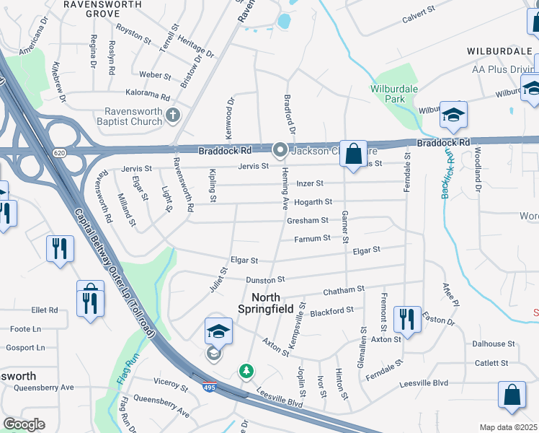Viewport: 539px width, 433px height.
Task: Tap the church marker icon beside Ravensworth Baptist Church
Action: click(x=173, y=115)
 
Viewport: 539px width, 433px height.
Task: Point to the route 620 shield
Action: click(x=58, y=152)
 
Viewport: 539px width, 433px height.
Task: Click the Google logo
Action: click(x=24, y=424)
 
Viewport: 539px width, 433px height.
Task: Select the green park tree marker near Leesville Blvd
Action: click(x=246, y=371)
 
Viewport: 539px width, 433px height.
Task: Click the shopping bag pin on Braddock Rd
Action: click(x=353, y=154)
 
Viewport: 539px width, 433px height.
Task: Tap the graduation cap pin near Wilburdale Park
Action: click(x=453, y=115)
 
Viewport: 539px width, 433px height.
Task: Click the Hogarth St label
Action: click(x=313, y=202)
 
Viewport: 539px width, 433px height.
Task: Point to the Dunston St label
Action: click(x=266, y=279)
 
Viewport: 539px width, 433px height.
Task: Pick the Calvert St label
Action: click(x=419, y=11)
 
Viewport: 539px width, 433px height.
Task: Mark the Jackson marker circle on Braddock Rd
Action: click(x=280, y=151)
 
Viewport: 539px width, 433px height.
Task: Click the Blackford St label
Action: click(x=331, y=311)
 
